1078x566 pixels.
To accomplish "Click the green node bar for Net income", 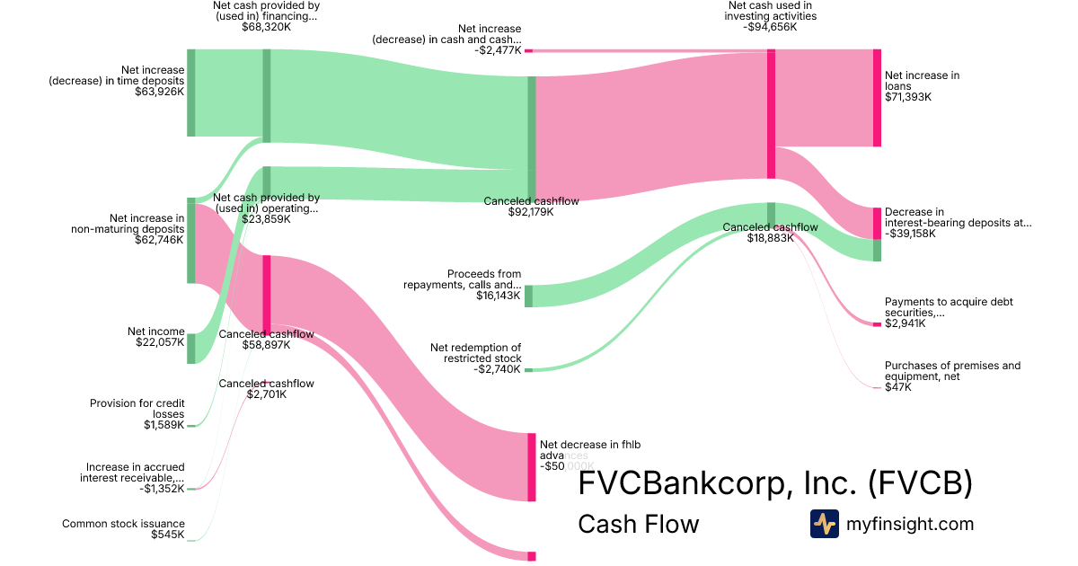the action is pos(190,348).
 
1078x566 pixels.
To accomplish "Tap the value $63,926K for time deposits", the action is pos(159,92).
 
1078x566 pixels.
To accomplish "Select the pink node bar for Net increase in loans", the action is pos(877,97).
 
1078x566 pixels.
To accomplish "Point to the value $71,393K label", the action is pos(907,97).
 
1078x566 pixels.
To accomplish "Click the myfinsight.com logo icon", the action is pos(824,524).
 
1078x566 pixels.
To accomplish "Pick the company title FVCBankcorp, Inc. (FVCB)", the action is pos(775,483).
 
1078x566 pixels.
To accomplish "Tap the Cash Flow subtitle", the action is pos(638,524).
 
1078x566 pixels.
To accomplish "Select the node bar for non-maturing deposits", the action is pos(190,240).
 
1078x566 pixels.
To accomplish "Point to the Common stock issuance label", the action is pos(123,524).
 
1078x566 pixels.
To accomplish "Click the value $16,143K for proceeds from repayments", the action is pos(499,295).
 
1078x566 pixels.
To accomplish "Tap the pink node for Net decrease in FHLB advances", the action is pos(531,466).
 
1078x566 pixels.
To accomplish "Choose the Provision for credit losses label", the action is pos(137,409).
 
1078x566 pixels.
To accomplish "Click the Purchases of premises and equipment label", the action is pos(952,371).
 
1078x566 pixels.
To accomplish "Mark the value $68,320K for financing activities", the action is pos(266,27).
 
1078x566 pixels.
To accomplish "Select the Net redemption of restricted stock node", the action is pos(528,369).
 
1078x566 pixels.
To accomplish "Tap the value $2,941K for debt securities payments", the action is pos(905,323).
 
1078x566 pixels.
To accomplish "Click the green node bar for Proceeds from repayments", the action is pos(528,296).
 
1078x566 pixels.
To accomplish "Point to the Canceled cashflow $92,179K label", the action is pos(531,207).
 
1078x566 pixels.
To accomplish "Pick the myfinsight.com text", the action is pos(910,524).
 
